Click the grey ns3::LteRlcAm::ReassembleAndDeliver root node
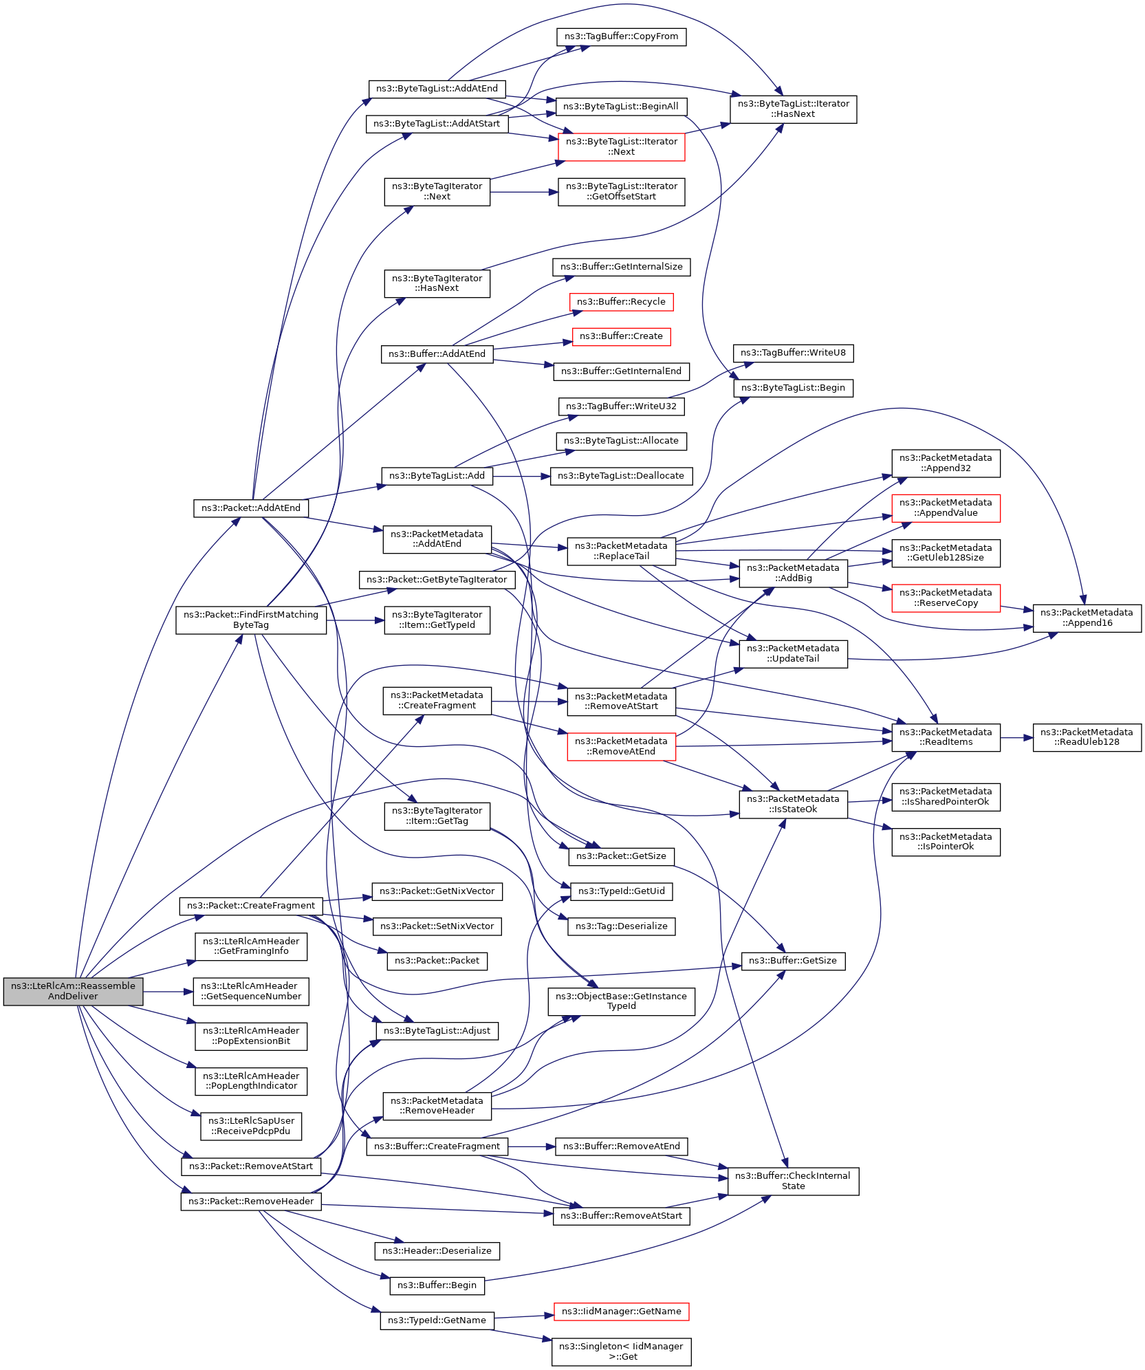[x=73, y=991]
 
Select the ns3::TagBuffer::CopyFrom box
[x=621, y=36]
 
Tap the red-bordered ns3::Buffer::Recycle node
[x=621, y=302]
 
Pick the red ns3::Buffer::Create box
[x=621, y=336]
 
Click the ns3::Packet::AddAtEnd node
[x=251, y=508]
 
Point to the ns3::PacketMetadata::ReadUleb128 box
[x=1087, y=737]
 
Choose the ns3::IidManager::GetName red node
[x=621, y=1312]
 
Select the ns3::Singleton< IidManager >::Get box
[x=621, y=1351]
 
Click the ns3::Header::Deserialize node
[x=437, y=1251]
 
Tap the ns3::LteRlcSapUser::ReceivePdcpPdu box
[x=251, y=1126]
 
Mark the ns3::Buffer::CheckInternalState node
[x=793, y=1181]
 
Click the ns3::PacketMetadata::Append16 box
[x=1087, y=618]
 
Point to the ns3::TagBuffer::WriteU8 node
[x=793, y=353]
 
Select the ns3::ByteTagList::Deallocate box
[x=621, y=476]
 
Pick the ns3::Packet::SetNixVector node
[x=437, y=926]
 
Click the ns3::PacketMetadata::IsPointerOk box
[x=946, y=842]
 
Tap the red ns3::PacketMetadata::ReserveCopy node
[x=946, y=598]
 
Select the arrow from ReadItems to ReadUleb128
[x=1016, y=738]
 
